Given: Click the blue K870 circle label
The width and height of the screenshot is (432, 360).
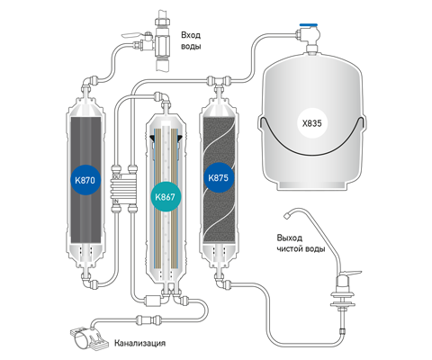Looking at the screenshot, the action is [85, 180].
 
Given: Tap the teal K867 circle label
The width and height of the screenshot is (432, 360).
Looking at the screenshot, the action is [165, 197].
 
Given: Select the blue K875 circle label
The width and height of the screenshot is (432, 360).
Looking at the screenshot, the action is [219, 177].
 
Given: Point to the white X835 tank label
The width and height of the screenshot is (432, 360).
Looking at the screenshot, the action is [311, 123].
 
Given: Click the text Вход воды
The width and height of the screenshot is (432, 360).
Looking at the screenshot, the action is [191, 40].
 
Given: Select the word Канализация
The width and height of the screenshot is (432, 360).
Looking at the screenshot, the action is [139, 343].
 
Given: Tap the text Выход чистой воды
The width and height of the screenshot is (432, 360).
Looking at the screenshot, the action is [301, 243].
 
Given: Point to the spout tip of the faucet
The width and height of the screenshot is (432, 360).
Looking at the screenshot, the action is [286, 215].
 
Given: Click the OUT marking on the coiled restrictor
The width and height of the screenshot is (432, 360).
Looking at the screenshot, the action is [116, 176].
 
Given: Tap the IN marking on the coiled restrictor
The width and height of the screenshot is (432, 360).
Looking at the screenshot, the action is [115, 201].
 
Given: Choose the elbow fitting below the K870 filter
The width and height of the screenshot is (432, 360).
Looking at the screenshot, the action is [90, 282].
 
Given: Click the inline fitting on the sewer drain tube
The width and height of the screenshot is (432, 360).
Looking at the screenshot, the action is [148, 319].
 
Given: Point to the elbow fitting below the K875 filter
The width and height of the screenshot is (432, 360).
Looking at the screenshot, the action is [222, 282].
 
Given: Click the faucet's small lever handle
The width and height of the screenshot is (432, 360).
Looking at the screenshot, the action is [353, 273].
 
